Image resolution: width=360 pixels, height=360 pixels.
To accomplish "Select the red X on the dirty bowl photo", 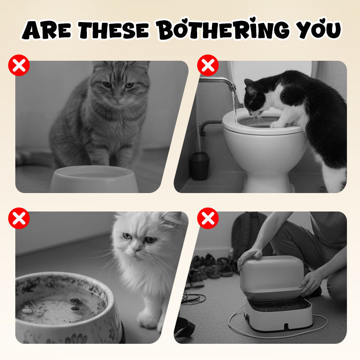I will click(x=19, y=219).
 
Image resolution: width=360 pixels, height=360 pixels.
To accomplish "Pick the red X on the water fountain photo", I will click(x=208, y=219).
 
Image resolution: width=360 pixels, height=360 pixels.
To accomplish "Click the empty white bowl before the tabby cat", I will click(x=94, y=179).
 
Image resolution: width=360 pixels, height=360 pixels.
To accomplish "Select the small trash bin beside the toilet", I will click(x=199, y=166).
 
